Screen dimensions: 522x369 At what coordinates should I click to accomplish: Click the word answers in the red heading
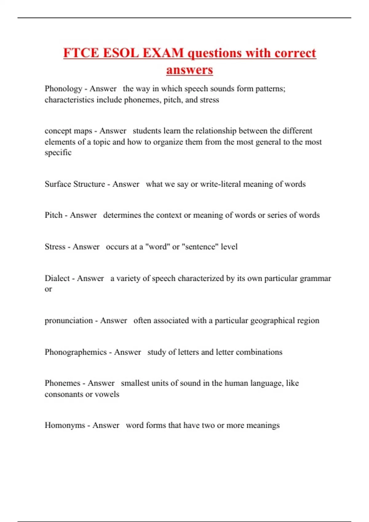click(x=189, y=70)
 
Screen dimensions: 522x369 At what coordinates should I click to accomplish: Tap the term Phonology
click(x=63, y=89)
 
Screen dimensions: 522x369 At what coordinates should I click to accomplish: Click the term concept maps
click(x=68, y=131)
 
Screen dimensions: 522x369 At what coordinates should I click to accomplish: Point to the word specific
click(x=58, y=153)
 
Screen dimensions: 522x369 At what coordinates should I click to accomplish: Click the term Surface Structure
click(x=75, y=184)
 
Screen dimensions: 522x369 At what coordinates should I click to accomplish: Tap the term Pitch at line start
click(x=54, y=215)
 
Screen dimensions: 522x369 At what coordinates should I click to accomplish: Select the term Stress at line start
click(x=55, y=247)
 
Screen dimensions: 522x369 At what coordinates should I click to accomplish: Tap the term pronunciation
click(x=69, y=321)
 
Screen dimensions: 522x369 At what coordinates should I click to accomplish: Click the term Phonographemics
click(x=76, y=352)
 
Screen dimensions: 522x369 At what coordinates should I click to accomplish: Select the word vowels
click(x=107, y=394)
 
